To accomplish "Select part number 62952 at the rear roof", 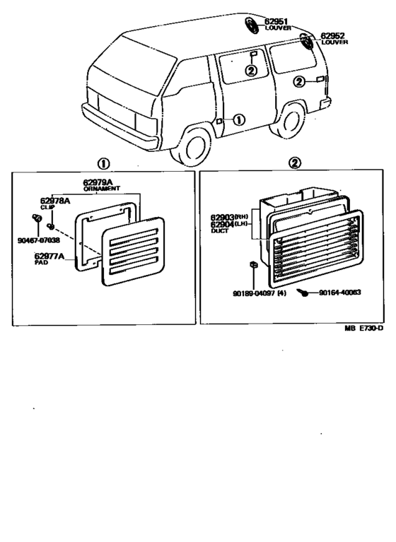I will point(332,35).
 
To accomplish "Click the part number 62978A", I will point(55,201).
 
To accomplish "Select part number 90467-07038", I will point(40,240).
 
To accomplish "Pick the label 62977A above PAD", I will point(49,255).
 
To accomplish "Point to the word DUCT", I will point(219,231).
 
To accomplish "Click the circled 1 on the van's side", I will point(238,119).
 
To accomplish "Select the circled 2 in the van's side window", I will point(251,69).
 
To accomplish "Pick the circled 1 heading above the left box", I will point(103,163).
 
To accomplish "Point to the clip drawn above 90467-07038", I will point(37,216).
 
